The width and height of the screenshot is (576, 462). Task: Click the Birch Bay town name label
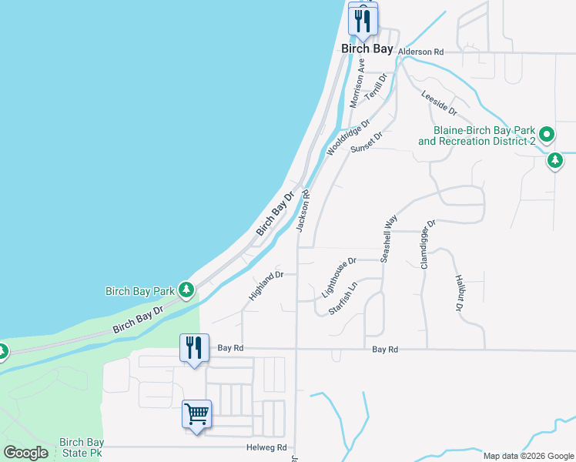[x=367, y=49]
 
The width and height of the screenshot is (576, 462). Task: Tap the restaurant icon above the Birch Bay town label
[x=362, y=18]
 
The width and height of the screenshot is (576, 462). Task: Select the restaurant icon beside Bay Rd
[x=194, y=347]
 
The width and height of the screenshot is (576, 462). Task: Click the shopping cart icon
[x=196, y=414]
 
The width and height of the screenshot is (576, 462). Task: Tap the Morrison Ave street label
[x=357, y=82]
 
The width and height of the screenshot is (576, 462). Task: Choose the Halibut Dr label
[x=457, y=293]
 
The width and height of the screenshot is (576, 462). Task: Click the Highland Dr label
[x=266, y=285]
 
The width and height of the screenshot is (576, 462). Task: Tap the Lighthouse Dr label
[x=338, y=278]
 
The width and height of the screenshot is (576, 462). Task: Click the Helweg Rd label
[x=271, y=447]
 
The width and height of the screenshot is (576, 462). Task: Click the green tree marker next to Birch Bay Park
[x=186, y=290]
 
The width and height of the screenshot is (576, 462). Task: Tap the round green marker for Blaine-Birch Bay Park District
[x=547, y=136]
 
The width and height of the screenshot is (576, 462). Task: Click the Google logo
[x=25, y=453]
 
